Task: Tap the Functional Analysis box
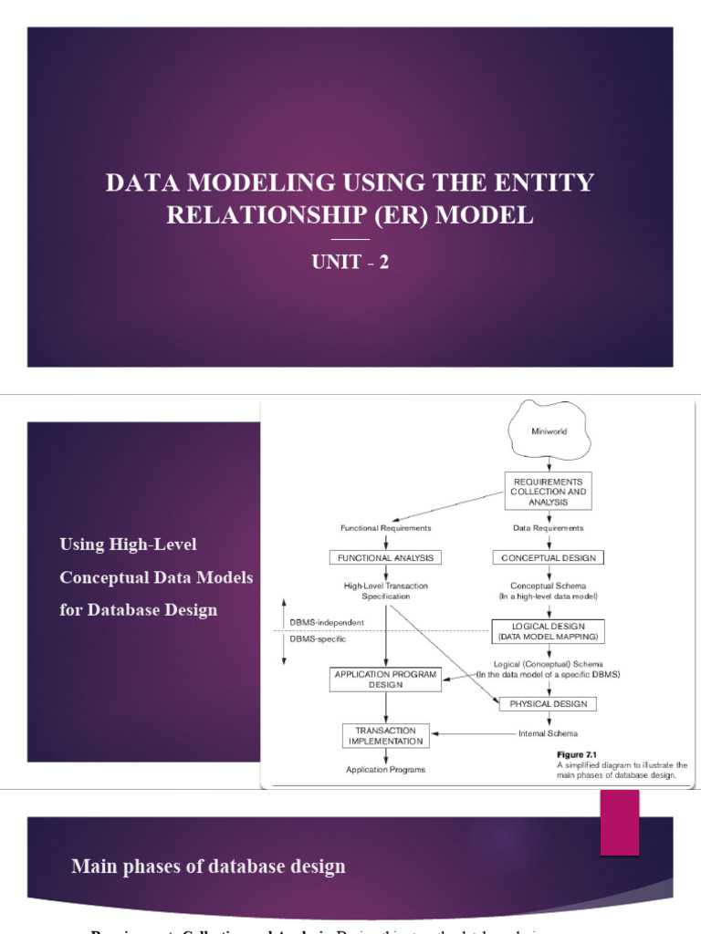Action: (x=385, y=557)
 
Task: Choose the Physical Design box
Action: (x=548, y=703)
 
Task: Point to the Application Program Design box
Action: (x=385, y=680)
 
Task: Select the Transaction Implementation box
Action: (x=385, y=735)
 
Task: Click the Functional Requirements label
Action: (x=385, y=527)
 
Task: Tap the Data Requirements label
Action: (x=548, y=527)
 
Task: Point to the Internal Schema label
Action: (x=548, y=733)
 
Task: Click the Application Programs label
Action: (x=385, y=770)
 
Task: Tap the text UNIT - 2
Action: (x=350, y=263)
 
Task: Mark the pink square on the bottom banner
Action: (x=619, y=822)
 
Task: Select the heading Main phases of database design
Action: (x=208, y=866)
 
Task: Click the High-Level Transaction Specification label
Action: (x=385, y=590)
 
